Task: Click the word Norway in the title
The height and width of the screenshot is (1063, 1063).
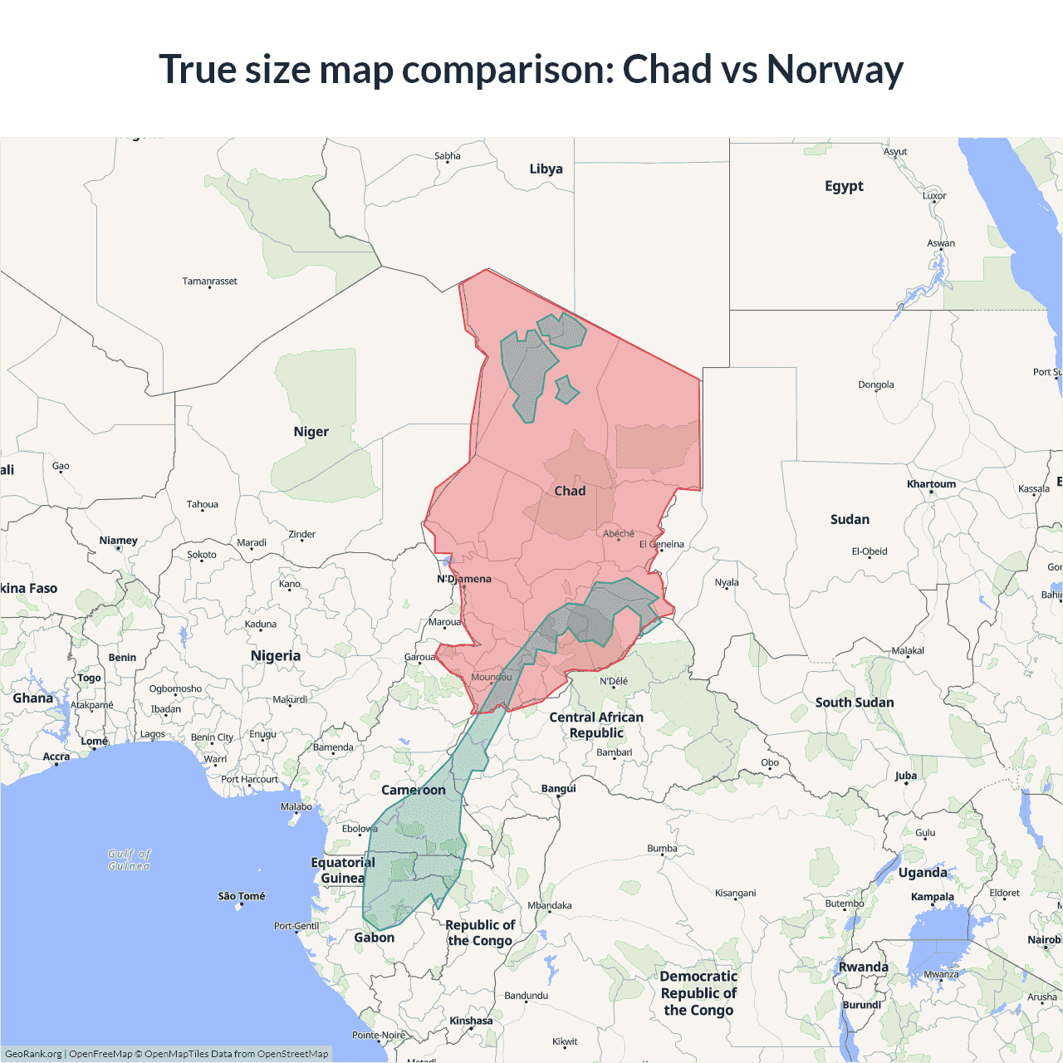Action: coord(834,70)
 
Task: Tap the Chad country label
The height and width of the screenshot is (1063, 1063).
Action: coord(570,491)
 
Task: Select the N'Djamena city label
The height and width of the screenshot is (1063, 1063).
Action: coord(464,579)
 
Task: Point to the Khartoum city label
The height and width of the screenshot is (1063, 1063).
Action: coord(931,484)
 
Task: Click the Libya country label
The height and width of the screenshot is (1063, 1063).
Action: coord(546,169)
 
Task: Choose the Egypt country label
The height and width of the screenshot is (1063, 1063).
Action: coord(844,186)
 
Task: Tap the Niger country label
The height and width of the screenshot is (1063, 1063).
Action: coord(311,432)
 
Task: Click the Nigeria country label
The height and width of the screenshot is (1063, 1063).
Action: coord(276,656)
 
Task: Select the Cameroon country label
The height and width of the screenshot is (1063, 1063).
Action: coord(414,790)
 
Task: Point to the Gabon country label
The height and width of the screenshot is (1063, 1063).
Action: coord(375,938)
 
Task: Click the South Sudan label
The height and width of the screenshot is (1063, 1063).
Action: coord(855,703)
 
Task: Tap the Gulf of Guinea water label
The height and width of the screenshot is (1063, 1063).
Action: coord(130,860)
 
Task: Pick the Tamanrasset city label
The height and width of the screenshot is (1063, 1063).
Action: coord(209,282)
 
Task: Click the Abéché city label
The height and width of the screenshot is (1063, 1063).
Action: coord(619,534)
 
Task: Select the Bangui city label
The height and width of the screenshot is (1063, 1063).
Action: coord(558,788)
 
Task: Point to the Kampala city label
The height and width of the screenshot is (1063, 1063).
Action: coord(933,897)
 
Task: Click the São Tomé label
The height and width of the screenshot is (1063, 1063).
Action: coord(241,896)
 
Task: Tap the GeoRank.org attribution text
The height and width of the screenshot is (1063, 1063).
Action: coord(33,1054)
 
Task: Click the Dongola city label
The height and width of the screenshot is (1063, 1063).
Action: coord(876,385)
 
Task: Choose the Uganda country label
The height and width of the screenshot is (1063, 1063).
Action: coord(923,873)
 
